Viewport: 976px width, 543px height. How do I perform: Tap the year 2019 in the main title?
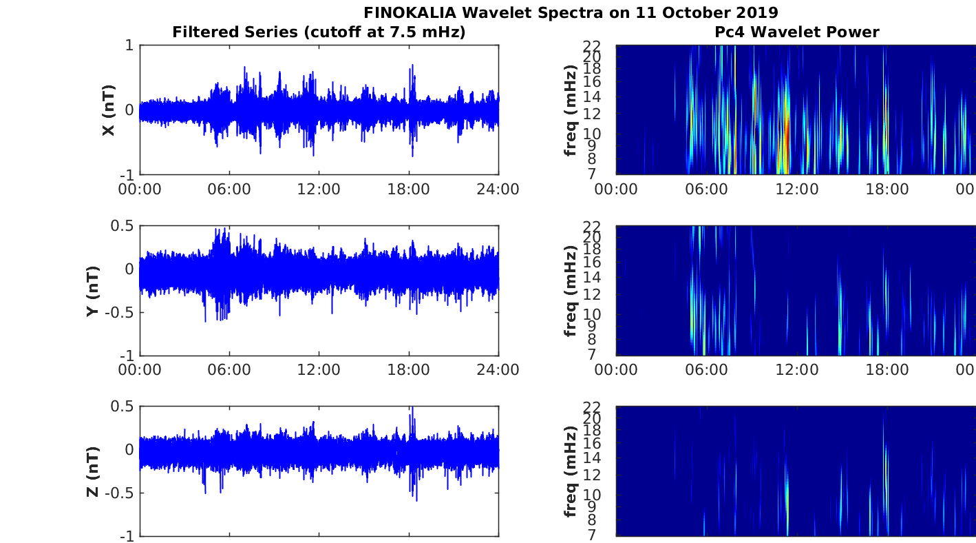(755, 12)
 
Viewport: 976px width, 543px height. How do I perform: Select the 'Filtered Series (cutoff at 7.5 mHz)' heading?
(319, 32)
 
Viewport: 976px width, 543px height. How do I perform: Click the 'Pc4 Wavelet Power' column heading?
(796, 32)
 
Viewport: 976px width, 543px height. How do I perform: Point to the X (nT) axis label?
(108, 110)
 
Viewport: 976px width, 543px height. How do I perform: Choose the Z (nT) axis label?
(93, 472)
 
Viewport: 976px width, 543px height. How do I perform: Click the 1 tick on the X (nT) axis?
(129, 45)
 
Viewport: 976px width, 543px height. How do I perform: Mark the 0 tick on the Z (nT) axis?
(129, 449)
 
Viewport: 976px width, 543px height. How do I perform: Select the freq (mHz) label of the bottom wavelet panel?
(570, 472)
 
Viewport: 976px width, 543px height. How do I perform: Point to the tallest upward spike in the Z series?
(412, 409)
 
